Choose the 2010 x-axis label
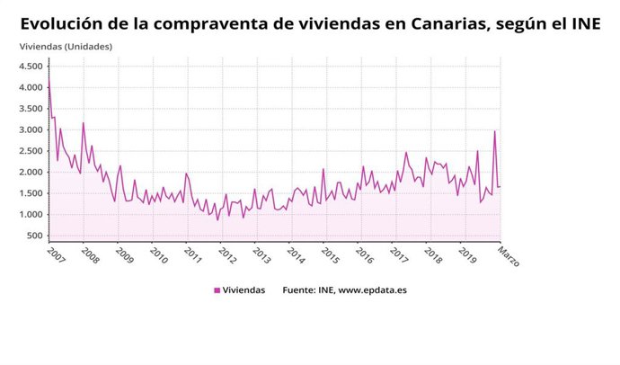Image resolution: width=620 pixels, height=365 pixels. click(158, 255)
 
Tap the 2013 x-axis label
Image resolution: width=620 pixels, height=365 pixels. click(261, 255)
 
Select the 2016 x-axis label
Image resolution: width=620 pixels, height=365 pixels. click(365, 255)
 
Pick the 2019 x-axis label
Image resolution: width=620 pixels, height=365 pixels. click(468, 255)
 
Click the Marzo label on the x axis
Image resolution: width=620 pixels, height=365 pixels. click(509, 256)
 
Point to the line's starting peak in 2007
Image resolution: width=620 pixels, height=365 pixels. click(49, 76)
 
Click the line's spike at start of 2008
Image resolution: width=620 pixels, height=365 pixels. click(83, 123)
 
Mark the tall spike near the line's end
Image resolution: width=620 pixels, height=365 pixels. click(494, 131)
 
